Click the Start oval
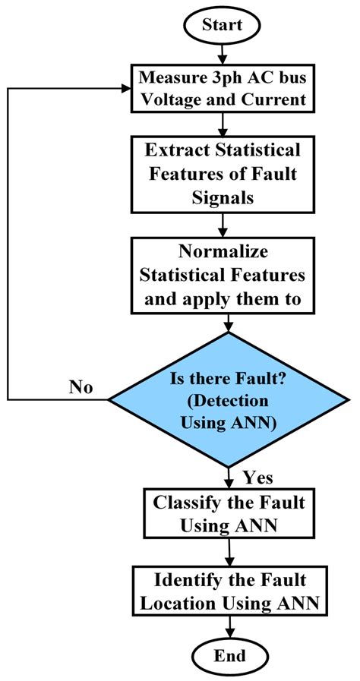click(x=221, y=24)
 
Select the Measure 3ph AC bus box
click(x=221, y=87)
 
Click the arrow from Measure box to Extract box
click(x=221, y=124)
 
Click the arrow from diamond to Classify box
click(x=229, y=476)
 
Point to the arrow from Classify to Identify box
click(x=229, y=552)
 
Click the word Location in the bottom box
click(x=199, y=604)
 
